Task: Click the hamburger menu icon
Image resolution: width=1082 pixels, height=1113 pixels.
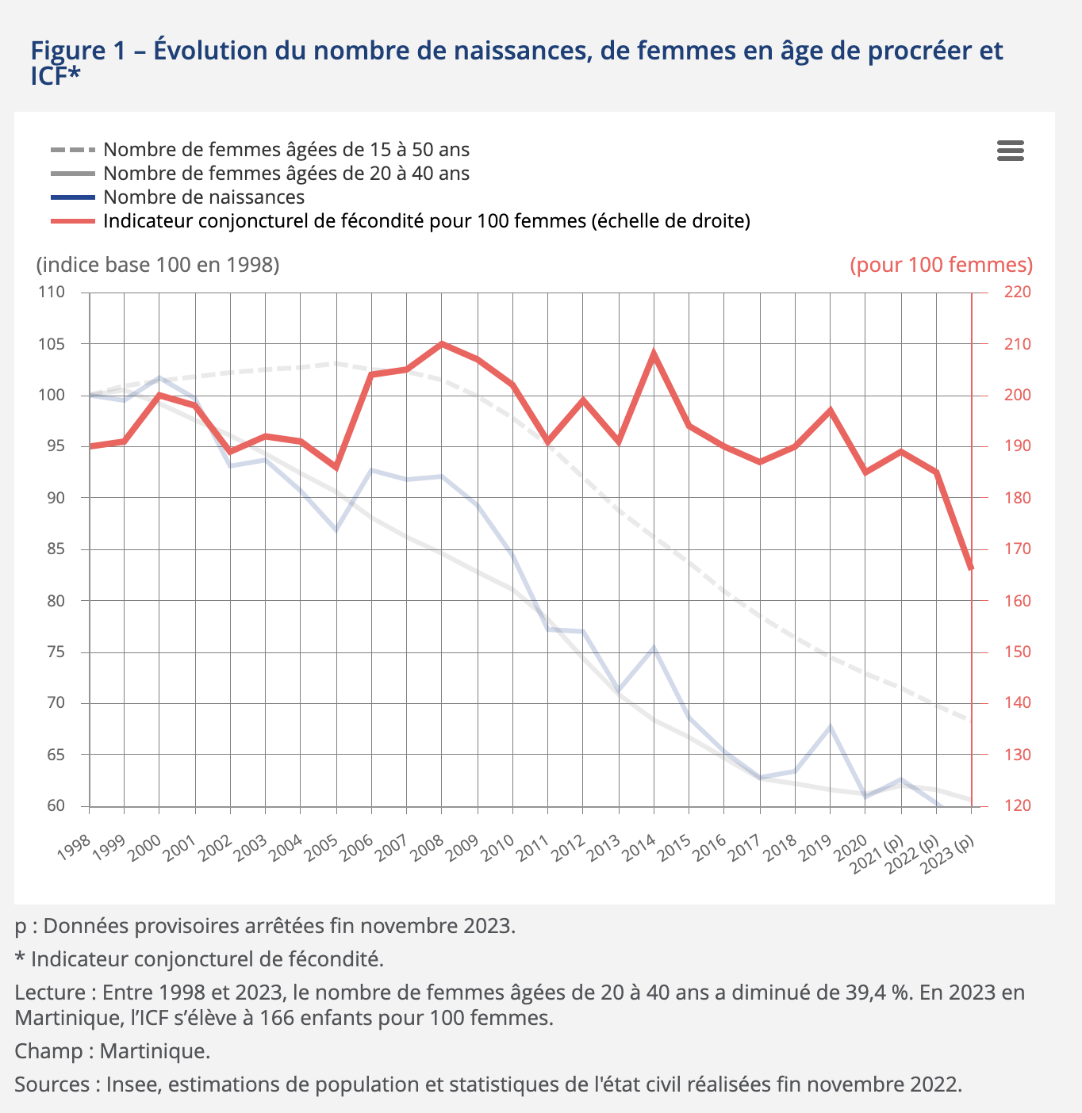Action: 1010,151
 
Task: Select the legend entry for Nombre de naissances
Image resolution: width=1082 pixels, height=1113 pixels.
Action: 204,197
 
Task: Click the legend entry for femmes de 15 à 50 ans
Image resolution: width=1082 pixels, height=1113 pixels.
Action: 286,150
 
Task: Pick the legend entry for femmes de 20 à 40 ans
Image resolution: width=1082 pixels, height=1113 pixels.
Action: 286,174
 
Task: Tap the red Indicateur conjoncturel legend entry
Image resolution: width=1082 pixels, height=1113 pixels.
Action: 426,221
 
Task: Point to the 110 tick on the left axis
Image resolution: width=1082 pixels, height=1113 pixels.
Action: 52,293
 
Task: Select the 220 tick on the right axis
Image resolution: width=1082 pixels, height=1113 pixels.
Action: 1018,293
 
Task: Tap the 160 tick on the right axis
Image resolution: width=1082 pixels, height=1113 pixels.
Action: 1018,601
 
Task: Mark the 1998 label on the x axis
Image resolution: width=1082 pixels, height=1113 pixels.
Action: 75,849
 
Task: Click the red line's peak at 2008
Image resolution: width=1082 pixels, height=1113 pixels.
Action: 442,344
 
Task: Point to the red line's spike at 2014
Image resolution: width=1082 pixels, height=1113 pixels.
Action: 654,353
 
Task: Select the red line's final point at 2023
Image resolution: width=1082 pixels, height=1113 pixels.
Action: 971,568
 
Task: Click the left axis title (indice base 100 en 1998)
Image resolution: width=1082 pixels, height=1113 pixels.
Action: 158,265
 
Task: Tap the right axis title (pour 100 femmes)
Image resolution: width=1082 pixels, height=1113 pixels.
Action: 941,265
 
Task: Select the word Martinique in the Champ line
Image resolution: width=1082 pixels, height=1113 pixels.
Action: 155,1051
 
